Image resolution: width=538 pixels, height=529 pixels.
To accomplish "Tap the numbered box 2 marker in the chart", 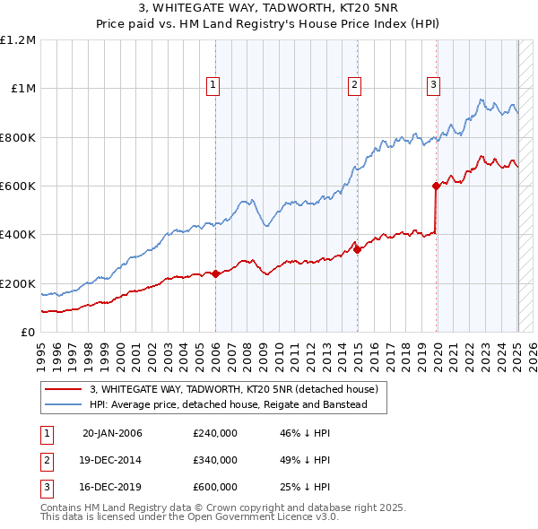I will pyautogui.click(x=355, y=85).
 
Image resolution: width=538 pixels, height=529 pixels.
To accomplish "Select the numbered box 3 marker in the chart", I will pyautogui.click(x=433, y=85).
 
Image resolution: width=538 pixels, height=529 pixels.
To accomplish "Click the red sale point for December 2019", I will pyautogui.click(x=436, y=186).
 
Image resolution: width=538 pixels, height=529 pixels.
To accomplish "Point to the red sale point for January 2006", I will pyautogui.click(x=216, y=273).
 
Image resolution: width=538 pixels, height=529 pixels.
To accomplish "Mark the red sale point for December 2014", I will pyautogui.click(x=357, y=249).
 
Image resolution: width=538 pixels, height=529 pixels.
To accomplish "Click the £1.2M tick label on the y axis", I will pyautogui.click(x=18, y=40).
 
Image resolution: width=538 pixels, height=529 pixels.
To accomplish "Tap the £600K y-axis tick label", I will pyautogui.click(x=18, y=186).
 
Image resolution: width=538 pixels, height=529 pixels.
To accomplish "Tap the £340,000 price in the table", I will pyautogui.click(x=215, y=461).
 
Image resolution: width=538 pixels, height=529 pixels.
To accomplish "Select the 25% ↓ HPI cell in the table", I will pyautogui.click(x=305, y=488).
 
